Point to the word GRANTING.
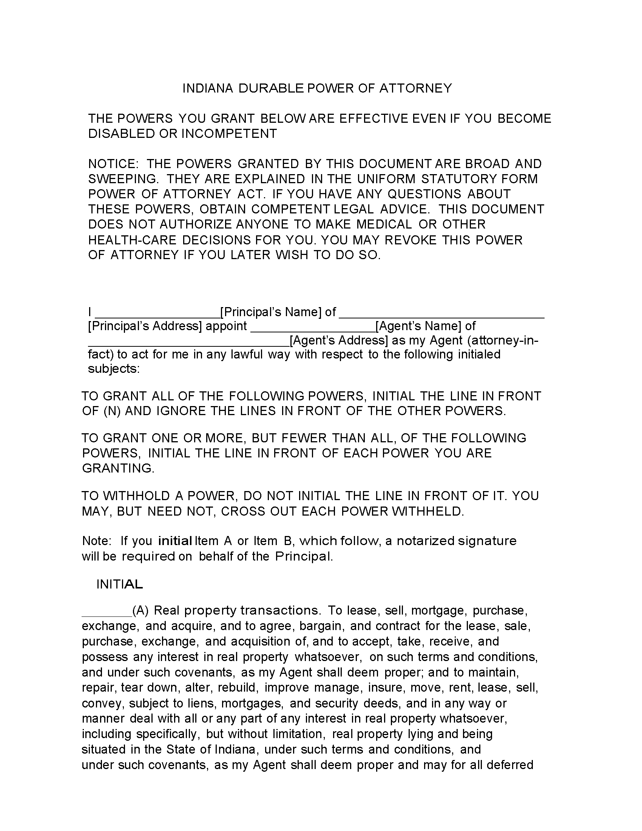[118, 468]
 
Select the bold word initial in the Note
[174, 541]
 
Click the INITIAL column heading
[119, 584]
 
